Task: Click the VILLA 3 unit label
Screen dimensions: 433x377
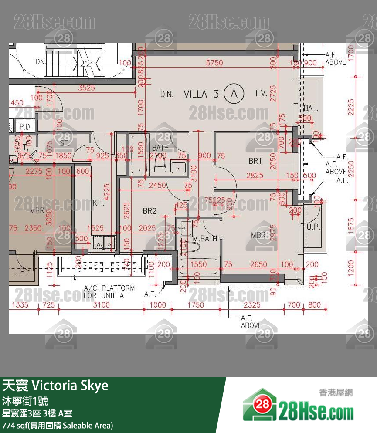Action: point(201,94)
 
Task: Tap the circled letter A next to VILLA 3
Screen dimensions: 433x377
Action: point(233,94)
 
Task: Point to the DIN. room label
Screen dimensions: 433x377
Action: point(167,94)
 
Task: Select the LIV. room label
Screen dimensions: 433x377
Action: point(262,94)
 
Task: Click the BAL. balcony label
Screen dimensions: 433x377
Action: point(310,108)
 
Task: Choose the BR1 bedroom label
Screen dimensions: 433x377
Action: point(255,161)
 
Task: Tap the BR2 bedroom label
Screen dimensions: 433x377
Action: point(149,211)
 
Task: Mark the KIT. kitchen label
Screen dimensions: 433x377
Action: point(99,203)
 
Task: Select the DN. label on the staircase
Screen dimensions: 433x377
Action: point(41,62)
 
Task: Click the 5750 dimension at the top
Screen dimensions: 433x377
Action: point(214,63)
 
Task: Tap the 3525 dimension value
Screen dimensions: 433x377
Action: point(86,88)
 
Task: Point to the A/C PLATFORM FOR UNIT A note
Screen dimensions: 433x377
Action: point(109,291)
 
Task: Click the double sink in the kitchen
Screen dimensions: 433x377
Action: point(104,243)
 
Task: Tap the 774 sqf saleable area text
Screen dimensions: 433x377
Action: point(58,425)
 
